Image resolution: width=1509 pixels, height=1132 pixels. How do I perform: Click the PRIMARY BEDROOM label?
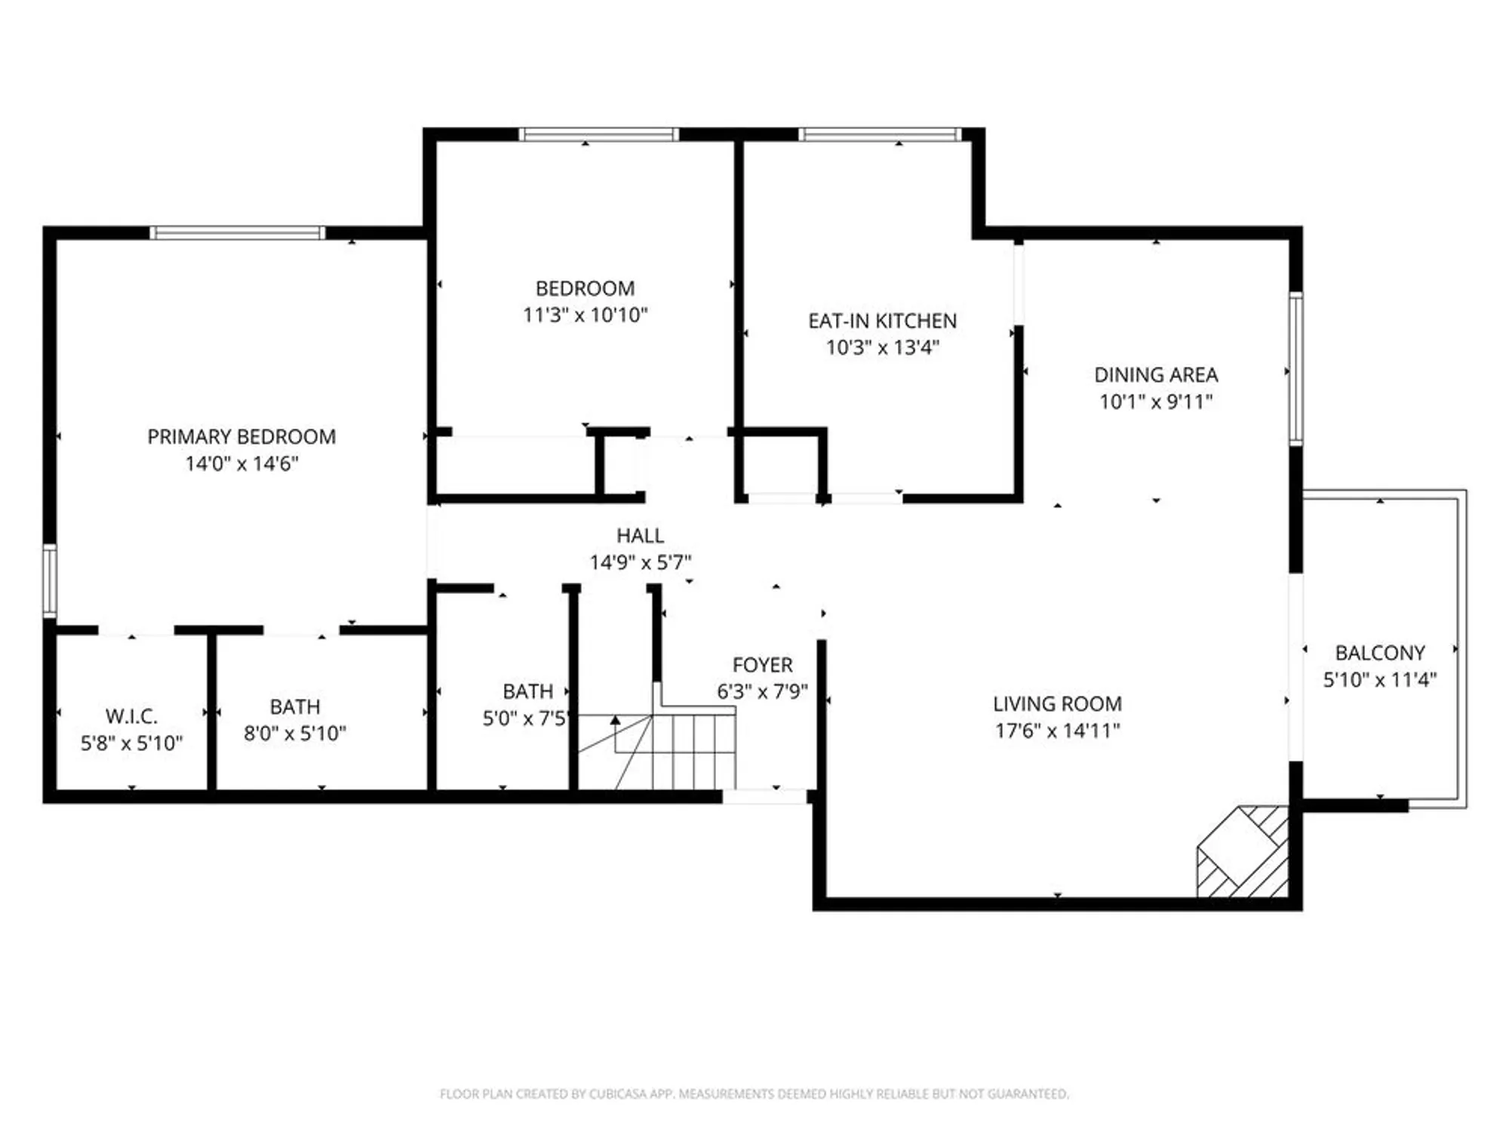241,436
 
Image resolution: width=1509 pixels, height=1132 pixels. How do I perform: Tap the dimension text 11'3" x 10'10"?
585,315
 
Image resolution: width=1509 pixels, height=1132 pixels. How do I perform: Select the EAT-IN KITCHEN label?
882,321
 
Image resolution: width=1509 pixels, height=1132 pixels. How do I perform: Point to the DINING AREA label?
1156,374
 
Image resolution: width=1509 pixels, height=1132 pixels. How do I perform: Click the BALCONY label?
1379,653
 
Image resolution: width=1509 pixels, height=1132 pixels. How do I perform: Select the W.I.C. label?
131,715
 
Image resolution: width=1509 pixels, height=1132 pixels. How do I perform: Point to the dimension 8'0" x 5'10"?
294,733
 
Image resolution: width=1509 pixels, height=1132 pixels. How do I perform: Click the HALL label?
640,536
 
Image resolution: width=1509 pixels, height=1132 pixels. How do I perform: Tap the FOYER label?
762,665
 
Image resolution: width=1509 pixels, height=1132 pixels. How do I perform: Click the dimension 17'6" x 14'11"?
1057,731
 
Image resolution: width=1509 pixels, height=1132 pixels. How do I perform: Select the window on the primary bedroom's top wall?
238,232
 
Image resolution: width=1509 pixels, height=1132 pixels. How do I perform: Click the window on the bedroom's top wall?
598,135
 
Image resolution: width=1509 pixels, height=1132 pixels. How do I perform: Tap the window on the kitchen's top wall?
880,135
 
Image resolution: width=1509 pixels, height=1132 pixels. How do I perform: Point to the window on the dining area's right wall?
1295,368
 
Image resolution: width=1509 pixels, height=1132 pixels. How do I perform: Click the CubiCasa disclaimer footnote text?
754,1094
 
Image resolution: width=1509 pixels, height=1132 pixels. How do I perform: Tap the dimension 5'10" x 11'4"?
1379,679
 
